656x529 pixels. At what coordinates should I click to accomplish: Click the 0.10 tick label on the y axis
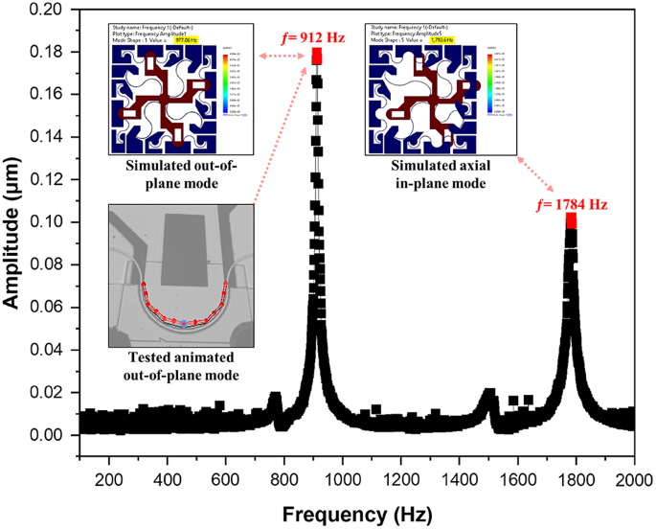(x=53, y=222)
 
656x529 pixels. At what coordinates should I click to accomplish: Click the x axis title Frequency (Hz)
(x=355, y=512)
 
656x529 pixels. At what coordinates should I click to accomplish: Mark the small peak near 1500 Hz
(x=488, y=396)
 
